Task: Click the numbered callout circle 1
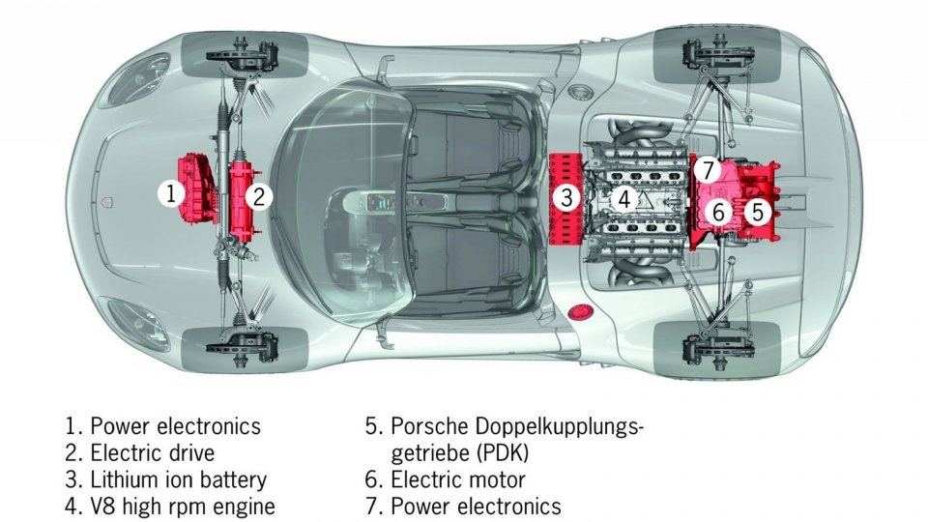tap(171, 193)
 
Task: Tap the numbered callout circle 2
tap(259, 196)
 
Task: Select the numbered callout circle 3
tap(567, 197)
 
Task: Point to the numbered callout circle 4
tap(624, 199)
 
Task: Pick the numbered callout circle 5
tap(758, 212)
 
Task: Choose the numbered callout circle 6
tap(718, 212)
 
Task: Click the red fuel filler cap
tap(578, 312)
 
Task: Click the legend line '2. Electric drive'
tap(139, 452)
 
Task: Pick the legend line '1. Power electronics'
tap(162, 426)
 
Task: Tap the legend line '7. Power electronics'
tap(463, 506)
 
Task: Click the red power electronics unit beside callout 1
tap(198, 188)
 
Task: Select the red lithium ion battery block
tap(566, 198)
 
